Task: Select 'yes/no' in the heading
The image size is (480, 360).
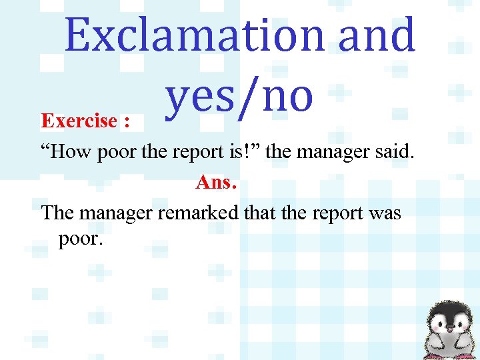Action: [x=239, y=95]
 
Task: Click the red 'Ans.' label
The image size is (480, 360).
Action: [x=216, y=182]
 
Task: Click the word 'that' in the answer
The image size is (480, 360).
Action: [x=263, y=213]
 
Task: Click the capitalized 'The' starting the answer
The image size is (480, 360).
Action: [x=58, y=213]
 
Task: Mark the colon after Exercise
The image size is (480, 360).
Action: [x=126, y=123]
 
